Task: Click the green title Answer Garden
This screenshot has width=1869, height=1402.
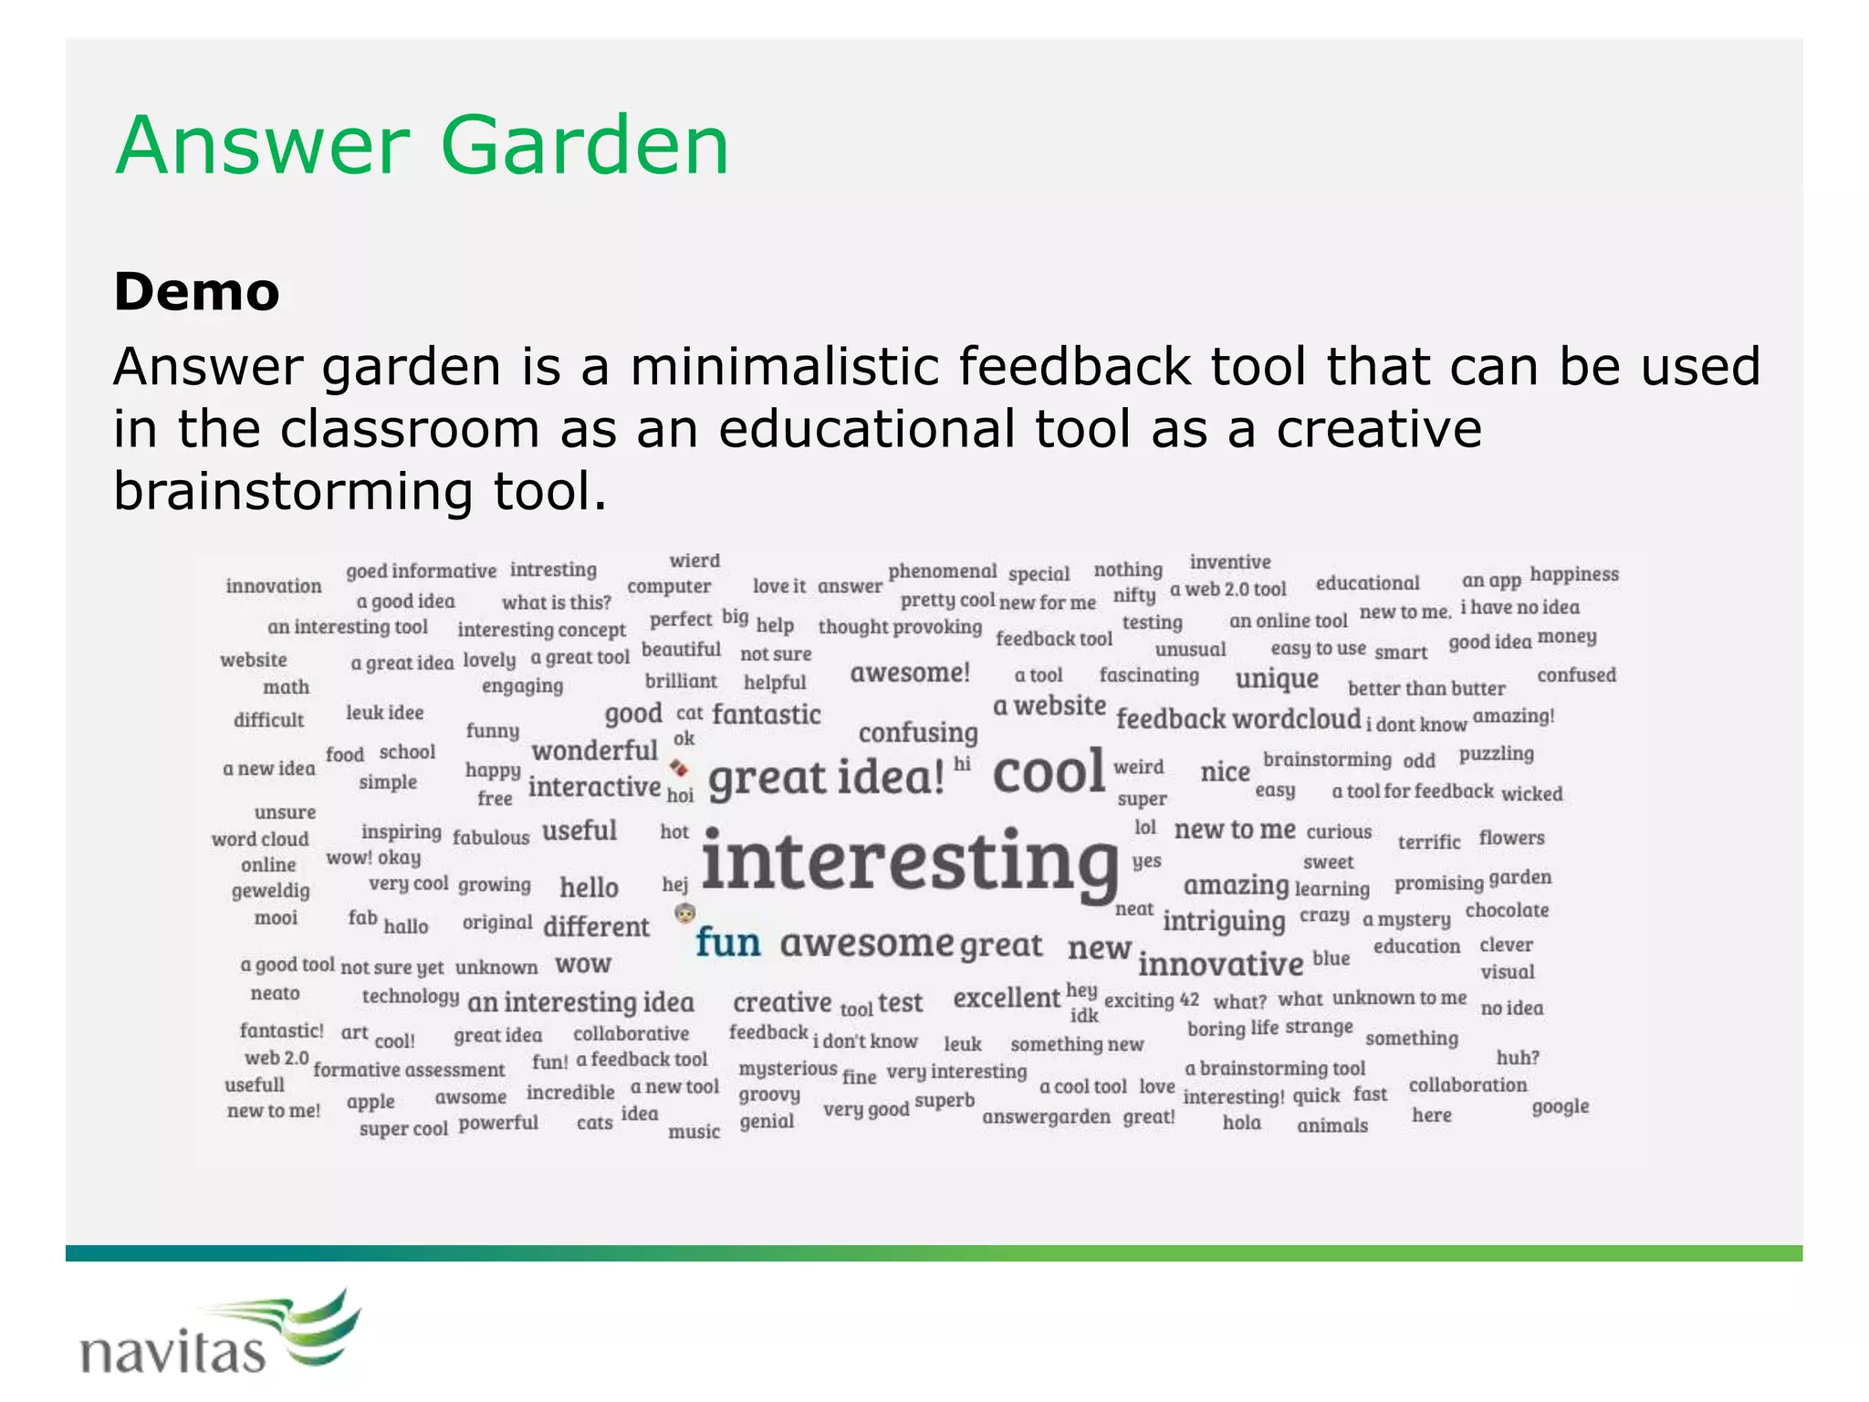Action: [x=422, y=146]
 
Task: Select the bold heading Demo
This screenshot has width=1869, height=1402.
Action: [x=196, y=292]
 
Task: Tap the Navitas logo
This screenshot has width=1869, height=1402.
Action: [x=219, y=1337]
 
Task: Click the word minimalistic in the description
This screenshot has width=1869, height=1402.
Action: [x=786, y=367]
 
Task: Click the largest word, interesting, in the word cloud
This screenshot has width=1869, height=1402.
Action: [x=910, y=862]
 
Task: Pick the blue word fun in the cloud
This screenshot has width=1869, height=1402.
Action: [x=727, y=942]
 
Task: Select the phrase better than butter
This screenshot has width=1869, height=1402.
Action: [x=1425, y=688]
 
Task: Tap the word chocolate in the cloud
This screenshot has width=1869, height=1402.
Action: [x=1507, y=910]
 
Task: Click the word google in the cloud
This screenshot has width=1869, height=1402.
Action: [x=1561, y=1106]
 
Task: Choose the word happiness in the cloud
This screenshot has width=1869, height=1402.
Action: [x=1574, y=574]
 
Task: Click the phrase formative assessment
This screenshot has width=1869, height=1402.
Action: [x=408, y=1069]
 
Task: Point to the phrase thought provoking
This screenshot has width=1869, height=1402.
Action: [x=900, y=626]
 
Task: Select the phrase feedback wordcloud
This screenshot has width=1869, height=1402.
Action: [x=1238, y=719]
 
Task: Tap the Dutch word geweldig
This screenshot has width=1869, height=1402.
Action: [x=270, y=890]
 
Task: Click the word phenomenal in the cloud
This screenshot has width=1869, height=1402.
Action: [x=942, y=571]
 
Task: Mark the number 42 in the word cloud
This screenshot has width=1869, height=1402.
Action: [x=1189, y=999]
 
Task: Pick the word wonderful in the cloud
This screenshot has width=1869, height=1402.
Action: [x=594, y=750]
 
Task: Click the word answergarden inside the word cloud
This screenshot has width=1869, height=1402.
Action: [x=1046, y=1116]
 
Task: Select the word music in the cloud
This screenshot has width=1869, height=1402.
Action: [x=694, y=1132]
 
